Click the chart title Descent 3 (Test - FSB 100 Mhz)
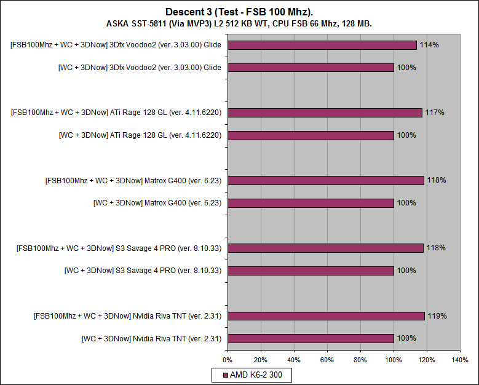239,12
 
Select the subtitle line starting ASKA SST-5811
239,23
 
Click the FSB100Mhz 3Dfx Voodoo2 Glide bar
322,45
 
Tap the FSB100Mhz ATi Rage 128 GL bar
325,113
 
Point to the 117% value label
434,113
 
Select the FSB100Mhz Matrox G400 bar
325,180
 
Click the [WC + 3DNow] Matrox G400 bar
311,202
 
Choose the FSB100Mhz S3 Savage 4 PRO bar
325,248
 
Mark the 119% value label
437,316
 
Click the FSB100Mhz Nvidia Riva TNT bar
326,316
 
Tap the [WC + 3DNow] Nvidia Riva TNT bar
311,338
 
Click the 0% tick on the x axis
228,359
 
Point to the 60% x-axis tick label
327,359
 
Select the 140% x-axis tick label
459,359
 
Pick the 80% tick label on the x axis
360,359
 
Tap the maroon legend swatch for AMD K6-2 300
226,375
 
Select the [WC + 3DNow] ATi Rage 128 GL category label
140,135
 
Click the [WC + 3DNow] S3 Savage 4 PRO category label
143,270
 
